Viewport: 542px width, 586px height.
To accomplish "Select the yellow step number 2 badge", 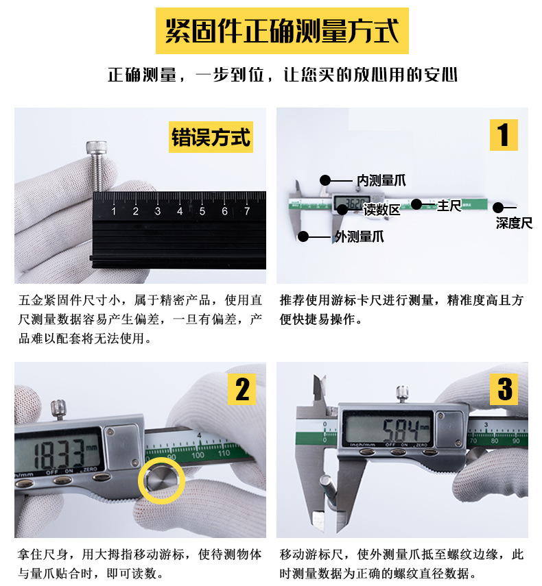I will (x=242, y=389).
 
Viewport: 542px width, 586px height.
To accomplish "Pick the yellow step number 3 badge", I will (x=504, y=389).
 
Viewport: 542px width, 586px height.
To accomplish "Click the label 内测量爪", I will (x=381, y=180).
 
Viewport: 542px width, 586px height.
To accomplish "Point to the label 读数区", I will (x=381, y=210).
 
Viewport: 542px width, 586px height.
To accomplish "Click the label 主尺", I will (x=449, y=205).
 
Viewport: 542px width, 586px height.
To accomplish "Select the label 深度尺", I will (x=514, y=223).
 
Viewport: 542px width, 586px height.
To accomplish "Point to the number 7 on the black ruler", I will (x=246, y=211).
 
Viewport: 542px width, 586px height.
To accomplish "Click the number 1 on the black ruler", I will (x=114, y=211).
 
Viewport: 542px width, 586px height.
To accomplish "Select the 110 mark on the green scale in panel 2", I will (x=224, y=455).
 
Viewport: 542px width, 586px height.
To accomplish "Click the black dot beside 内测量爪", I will (x=325, y=180).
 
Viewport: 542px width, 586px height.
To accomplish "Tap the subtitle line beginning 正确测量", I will (x=282, y=75).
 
